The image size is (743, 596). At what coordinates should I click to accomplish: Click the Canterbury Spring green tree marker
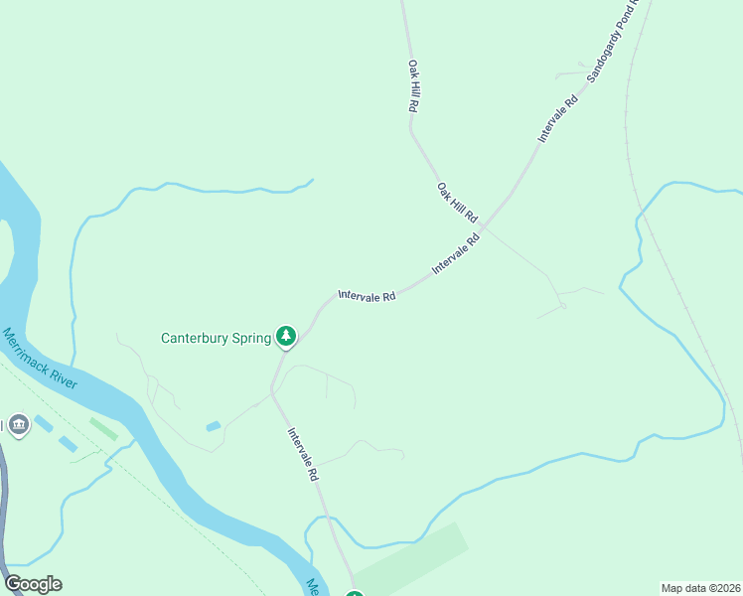(286, 337)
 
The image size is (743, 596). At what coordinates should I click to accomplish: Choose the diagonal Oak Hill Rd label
(457, 202)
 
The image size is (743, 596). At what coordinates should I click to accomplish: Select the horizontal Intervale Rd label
(367, 295)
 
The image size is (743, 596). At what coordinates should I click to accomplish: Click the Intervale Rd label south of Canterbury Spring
(303, 454)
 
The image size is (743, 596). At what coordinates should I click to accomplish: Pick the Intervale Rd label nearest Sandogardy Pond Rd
(558, 118)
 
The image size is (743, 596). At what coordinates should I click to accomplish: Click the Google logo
(33, 584)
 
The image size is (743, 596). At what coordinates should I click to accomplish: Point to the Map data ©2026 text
(700, 588)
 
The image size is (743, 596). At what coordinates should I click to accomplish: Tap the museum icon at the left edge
(18, 426)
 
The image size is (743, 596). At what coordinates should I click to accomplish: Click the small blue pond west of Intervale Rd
(214, 426)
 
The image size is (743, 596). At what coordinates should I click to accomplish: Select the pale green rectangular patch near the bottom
(411, 559)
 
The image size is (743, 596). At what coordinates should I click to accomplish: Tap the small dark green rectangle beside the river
(103, 429)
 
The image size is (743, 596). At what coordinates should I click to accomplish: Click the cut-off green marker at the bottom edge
(355, 593)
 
